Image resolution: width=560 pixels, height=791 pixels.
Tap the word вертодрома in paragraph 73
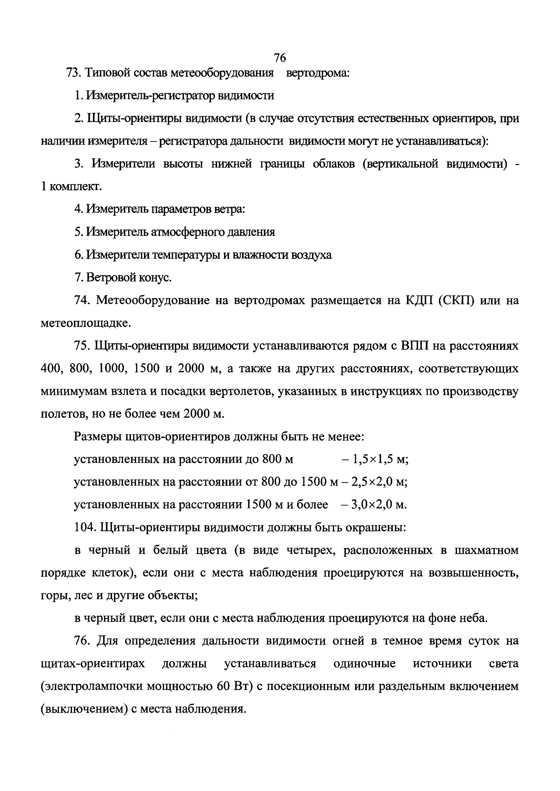(318, 73)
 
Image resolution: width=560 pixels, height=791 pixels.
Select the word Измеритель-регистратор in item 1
(151, 95)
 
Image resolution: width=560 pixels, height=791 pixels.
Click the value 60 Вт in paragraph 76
(235, 687)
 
